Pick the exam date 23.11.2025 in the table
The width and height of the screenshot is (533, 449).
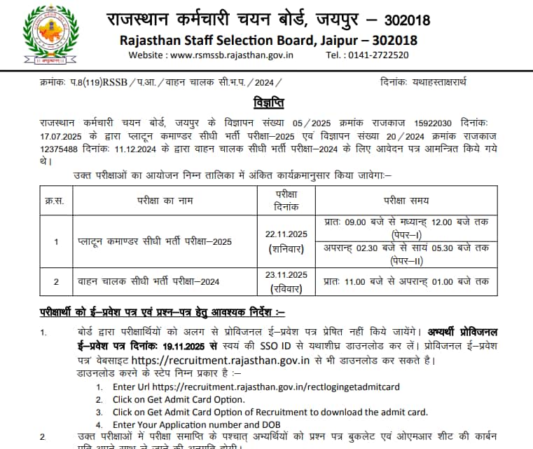pos(286,274)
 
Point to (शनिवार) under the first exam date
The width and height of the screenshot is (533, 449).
pos(286,249)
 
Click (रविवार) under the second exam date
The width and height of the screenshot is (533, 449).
pos(286,288)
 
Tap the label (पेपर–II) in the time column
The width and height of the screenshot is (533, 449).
pos(406,261)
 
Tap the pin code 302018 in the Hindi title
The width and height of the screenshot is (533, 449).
pos(403,19)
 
